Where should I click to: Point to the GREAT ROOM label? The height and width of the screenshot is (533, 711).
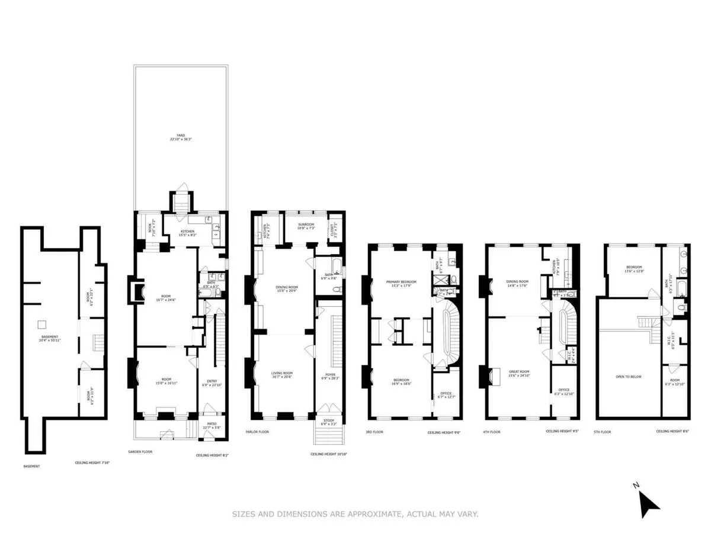520,374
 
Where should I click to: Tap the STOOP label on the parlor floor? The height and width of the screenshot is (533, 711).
328,422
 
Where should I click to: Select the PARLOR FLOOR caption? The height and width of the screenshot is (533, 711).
257,432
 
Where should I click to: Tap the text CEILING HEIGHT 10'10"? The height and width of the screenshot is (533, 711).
328,454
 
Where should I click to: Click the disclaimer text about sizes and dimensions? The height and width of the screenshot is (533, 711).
355,514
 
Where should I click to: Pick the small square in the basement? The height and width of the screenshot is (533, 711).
42,325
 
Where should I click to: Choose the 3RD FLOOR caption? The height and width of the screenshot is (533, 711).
375,432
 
